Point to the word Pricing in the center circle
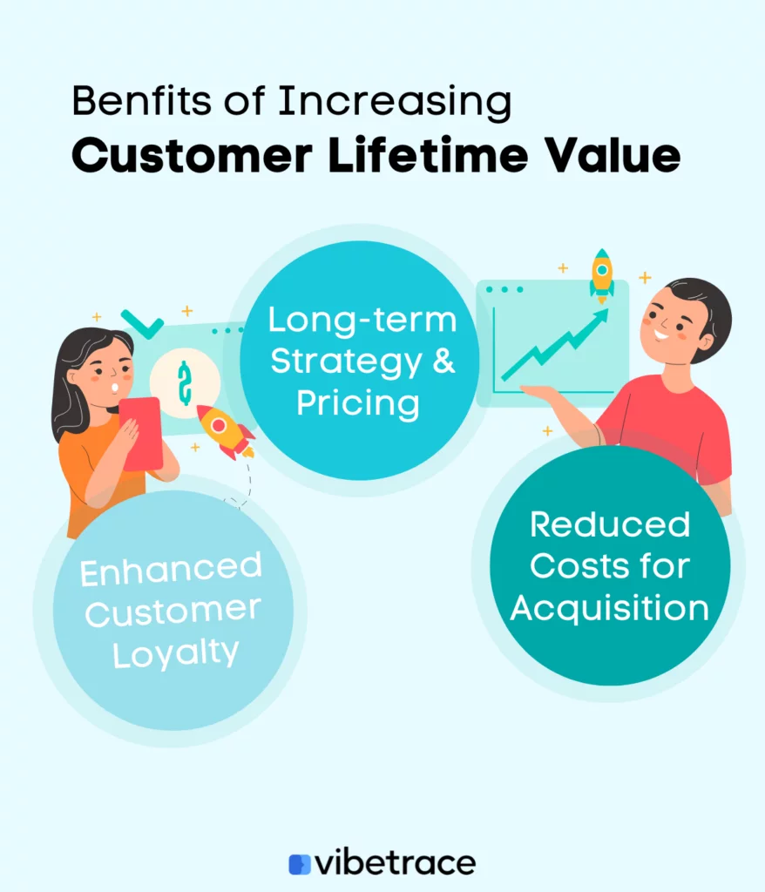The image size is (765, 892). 358,404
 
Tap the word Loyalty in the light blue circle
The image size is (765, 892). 175,654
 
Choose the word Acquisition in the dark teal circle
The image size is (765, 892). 610,609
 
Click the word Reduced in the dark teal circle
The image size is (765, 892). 610,524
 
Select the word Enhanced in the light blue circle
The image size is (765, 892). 171,570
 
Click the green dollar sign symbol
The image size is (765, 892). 184,383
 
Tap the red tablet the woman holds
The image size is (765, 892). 141,434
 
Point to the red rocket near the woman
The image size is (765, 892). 225,430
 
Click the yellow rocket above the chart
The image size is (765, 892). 602,275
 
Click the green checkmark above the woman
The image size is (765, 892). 142,324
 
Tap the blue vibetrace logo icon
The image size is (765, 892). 300,863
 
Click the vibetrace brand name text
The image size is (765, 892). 395,863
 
